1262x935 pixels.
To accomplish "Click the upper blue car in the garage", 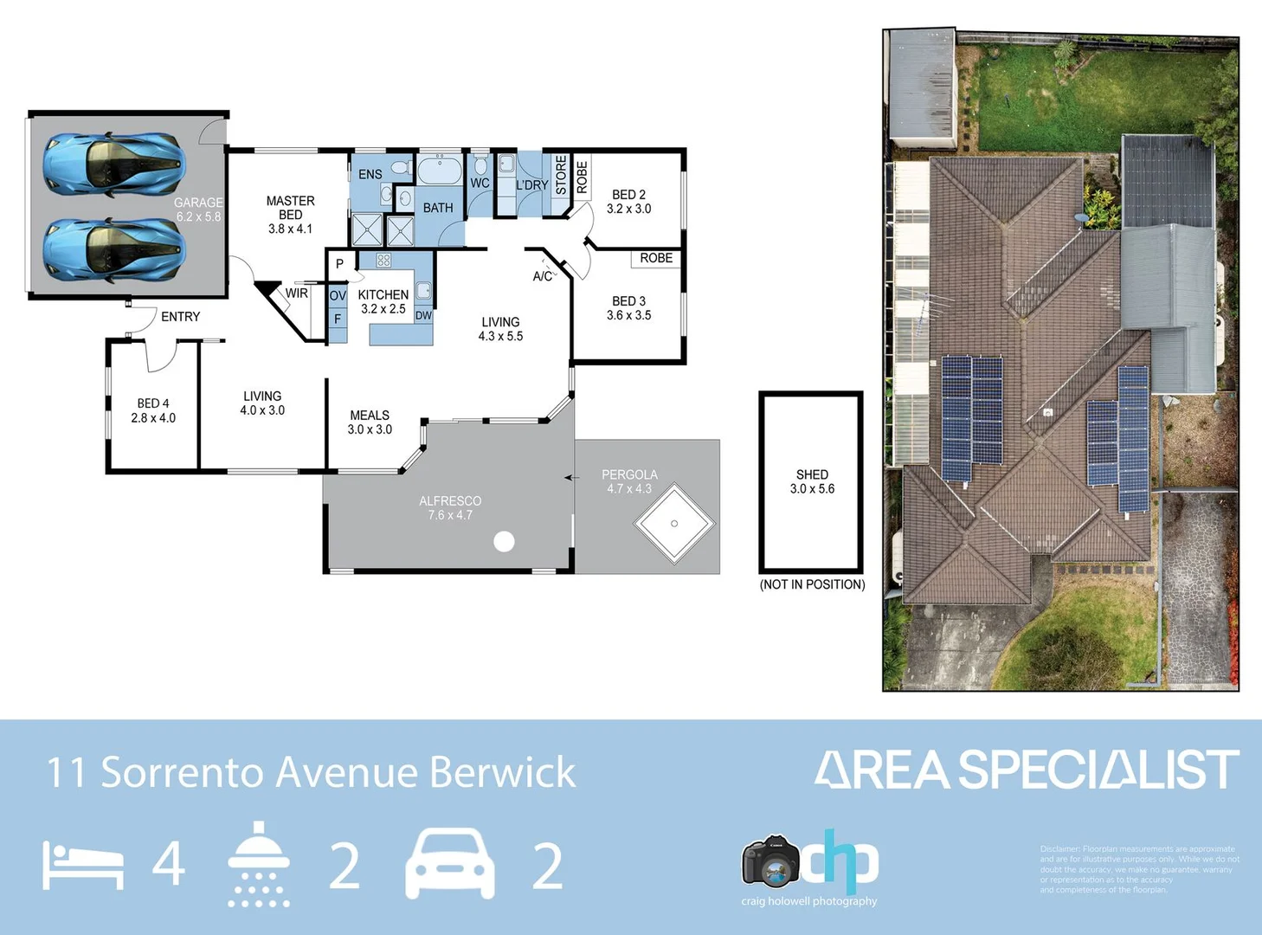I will coord(114,164).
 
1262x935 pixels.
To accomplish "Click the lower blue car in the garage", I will coord(114,249).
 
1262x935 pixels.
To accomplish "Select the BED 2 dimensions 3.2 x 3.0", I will coord(628,210).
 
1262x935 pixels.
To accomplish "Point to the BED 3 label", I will coord(628,301).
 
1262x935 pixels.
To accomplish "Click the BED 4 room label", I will coord(153,403).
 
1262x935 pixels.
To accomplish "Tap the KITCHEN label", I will coord(383,294).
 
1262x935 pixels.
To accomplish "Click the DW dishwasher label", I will coord(423,316).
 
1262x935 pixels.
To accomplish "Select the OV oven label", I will coord(338,296).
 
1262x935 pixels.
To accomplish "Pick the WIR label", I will coord(297,293).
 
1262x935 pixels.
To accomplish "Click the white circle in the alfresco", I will coord(504,542).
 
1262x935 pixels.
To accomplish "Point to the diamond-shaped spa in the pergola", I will coord(674,524).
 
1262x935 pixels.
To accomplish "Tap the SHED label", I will coord(812,474).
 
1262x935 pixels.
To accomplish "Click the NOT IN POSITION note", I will coord(812,584).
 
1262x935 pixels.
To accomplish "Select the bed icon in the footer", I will coord(83,866).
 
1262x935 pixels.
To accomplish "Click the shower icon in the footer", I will coord(259,864).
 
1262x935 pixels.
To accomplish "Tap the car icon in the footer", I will coord(450,864).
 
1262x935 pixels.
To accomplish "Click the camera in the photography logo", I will coord(770,862).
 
